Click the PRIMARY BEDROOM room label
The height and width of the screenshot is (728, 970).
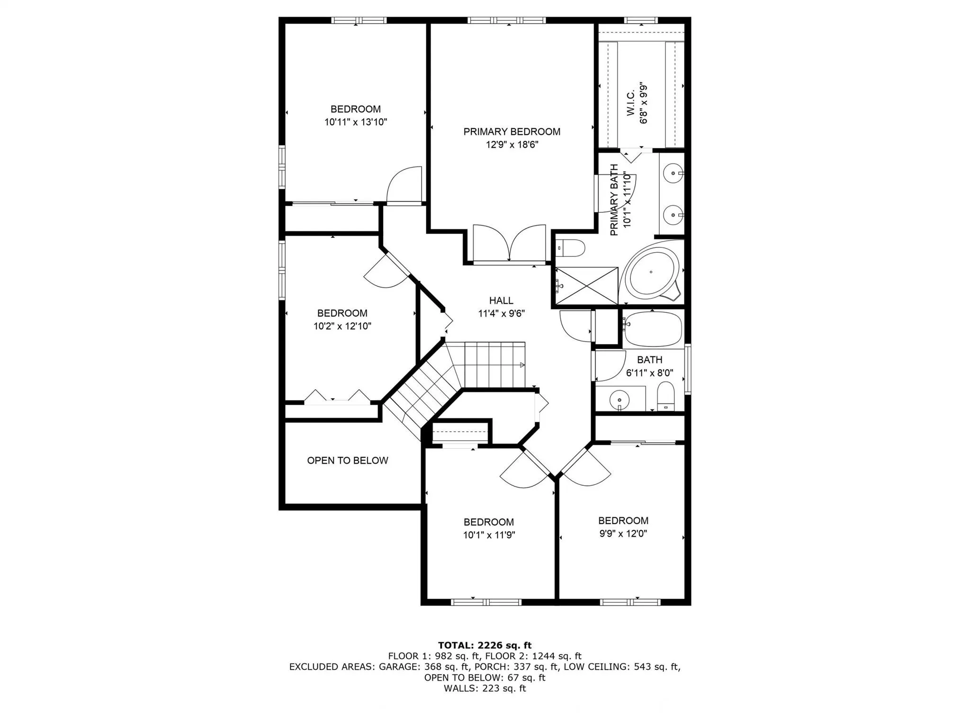pyautogui.click(x=512, y=132)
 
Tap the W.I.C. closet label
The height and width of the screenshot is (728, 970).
pyautogui.click(x=630, y=103)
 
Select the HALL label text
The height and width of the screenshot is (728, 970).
pyautogui.click(x=501, y=300)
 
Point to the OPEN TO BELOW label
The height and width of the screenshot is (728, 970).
pyautogui.click(x=347, y=460)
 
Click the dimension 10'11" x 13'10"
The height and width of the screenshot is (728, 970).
pyautogui.click(x=356, y=122)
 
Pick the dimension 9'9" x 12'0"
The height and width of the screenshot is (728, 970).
pyautogui.click(x=623, y=534)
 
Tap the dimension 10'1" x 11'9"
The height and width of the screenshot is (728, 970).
pyautogui.click(x=489, y=535)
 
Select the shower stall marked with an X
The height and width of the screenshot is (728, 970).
pyautogui.click(x=586, y=286)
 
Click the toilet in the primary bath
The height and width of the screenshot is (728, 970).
pyautogui.click(x=571, y=248)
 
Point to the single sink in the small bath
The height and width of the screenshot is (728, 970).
pyautogui.click(x=620, y=399)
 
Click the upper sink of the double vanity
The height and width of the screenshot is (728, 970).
pyautogui.click(x=673, y=173)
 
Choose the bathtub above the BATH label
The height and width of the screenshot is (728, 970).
pyautogui.click(x=653, y=329)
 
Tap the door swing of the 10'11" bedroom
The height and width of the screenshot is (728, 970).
pyautogui.click(x=405, y=185)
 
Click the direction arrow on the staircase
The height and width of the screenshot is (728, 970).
pyautogui.click(x=522, y=364)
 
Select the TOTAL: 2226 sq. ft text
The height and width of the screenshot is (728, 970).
pyautogui.click(x=485, y=645)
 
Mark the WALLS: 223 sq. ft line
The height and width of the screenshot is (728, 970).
pyautogui.click(x=485, y=688)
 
